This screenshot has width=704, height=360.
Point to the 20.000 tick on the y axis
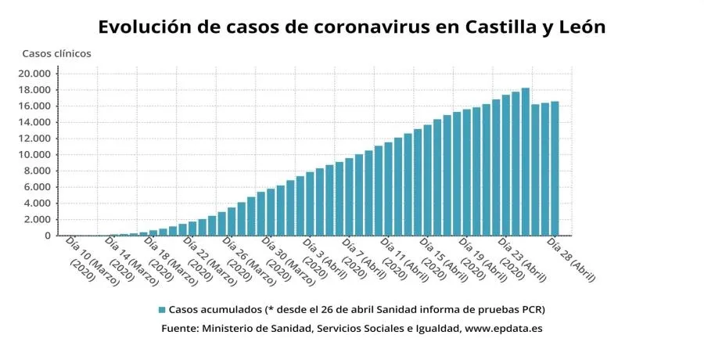(36, 74)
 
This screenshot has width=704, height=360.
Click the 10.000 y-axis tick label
(36, 155)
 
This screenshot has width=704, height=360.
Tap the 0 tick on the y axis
(48, 236)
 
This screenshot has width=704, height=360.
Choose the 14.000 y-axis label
(36, 123)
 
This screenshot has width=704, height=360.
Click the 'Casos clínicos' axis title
(56, 54)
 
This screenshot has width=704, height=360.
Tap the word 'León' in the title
(582, 27)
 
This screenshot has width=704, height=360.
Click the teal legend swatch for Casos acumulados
(162, 309)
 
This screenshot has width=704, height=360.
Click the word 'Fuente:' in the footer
(179, 329)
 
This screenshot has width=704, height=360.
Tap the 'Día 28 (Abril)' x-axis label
(572, 258)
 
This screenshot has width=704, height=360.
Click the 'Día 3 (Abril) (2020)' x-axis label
(323, 258)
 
